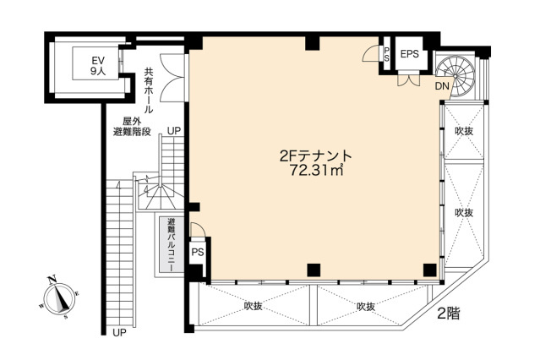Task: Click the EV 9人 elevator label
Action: click(x=98, y=65)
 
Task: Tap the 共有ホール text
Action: click(x=149, y=90)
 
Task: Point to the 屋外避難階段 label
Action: click(x=132, y=127)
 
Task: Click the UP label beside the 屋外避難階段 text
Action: click(x=174, y=131)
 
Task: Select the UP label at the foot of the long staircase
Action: click(x=119, y=332)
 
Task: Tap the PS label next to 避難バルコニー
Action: click(x=198, y=252)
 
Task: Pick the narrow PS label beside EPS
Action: click(x=387, y=54)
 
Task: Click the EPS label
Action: click(x=410, y=54)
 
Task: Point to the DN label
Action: click(x=442, y=86)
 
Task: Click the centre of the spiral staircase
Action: click(x=455, y=76)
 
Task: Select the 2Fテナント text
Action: click(x=315, y=156)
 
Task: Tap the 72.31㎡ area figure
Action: click(x=316, y=170)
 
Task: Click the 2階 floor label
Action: click(x=449, y=314)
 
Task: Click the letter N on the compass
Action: click(x=52, y=280)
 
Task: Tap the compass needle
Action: click(x=60, y=297)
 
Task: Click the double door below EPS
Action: click(x=409, y=80)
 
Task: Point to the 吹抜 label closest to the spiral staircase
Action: click(x=464, y=131)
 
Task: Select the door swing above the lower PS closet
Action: click(x=198, y=229)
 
